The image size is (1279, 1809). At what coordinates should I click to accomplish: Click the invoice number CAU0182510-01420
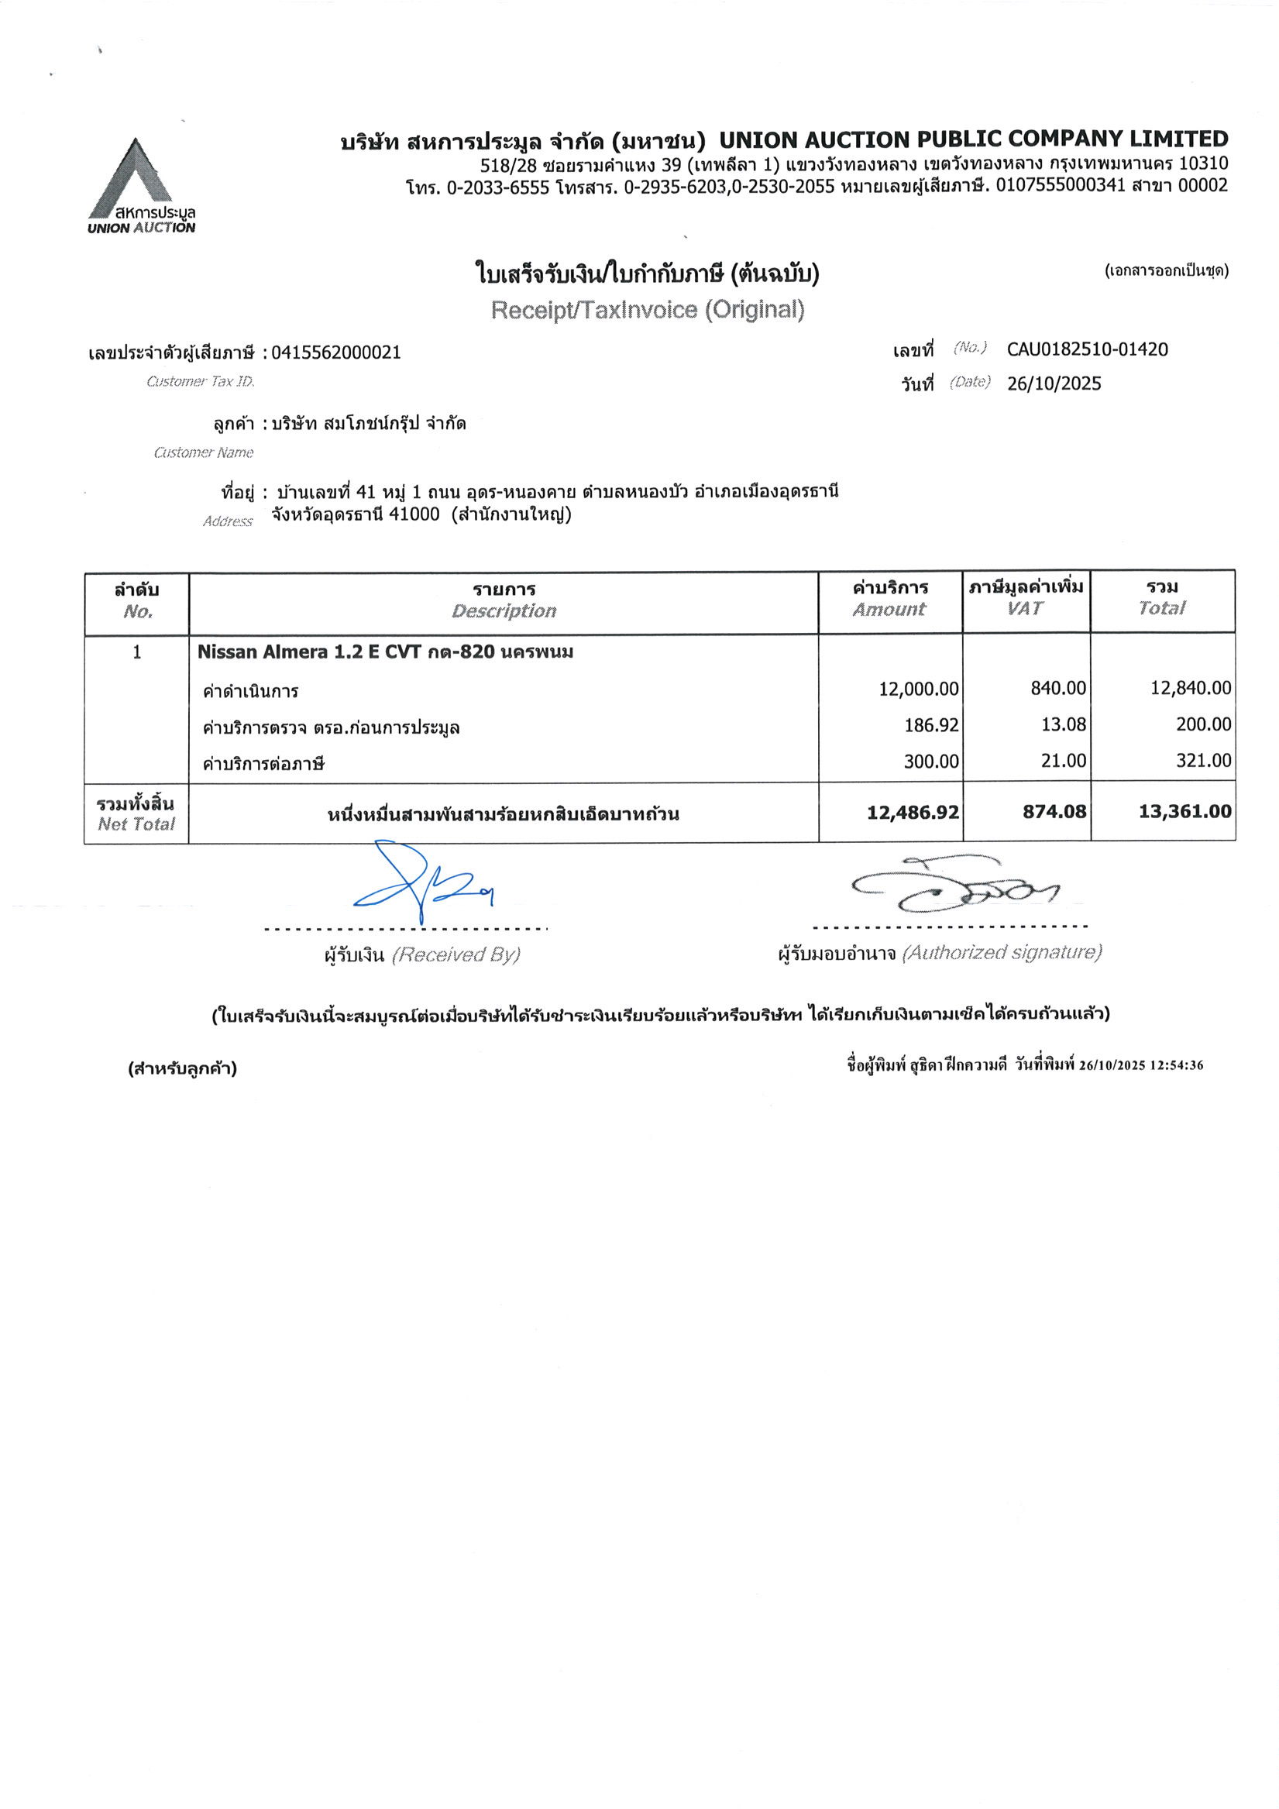(1087, 349)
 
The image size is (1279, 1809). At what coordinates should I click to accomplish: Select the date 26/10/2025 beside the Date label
(1054, 383)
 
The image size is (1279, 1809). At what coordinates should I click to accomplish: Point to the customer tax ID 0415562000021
(335, 353)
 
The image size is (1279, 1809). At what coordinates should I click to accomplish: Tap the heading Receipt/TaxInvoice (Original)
(647, 310)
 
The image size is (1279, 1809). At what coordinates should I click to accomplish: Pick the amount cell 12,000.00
(918, 689)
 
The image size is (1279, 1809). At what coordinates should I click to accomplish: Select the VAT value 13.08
(1063, 724)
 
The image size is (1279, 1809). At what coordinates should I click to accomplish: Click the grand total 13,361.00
(1184, 811)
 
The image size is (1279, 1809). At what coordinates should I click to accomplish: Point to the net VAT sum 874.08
(1054, 811)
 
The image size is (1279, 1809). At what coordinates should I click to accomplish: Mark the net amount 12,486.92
(913, 813)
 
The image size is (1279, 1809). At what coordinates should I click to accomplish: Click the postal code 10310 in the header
(1202, 164)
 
